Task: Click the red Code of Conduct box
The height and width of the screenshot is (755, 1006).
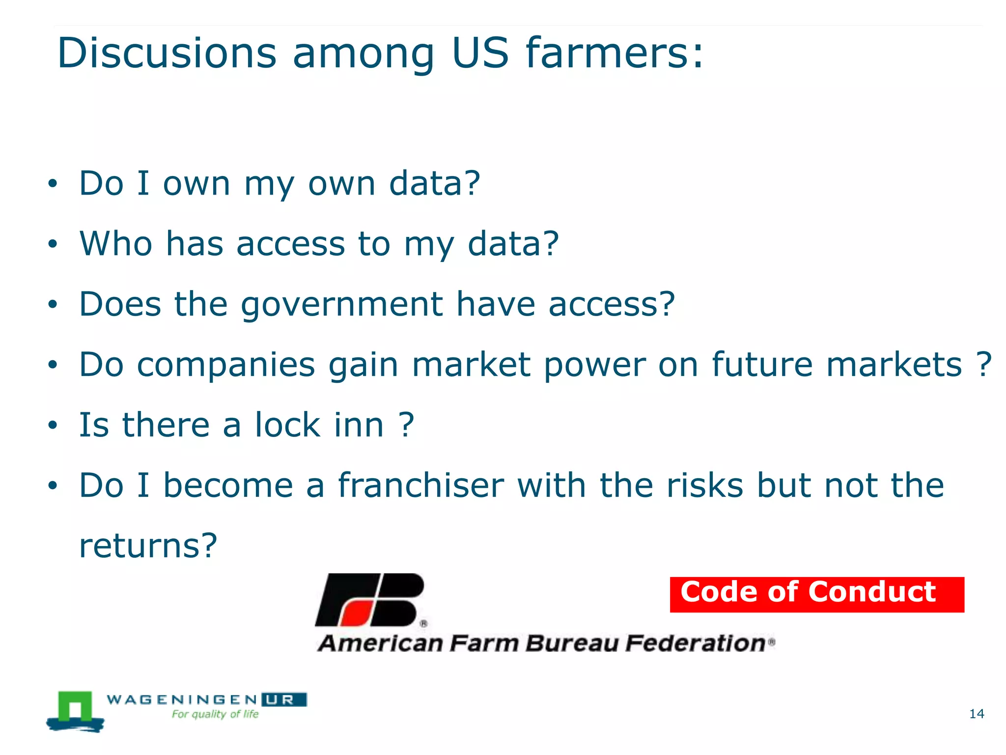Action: point(816,594)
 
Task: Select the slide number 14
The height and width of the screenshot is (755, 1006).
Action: point(977,714)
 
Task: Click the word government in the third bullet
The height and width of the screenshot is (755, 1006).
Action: point(342,305)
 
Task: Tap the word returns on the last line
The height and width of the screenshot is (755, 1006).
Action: point(147,546)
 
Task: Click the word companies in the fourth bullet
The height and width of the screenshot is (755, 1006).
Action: point(225,365)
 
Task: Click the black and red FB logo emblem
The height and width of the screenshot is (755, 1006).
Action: point(369,600)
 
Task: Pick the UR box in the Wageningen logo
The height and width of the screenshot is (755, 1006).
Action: point(283,699)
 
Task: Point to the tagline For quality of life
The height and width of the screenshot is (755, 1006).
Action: point(215,714)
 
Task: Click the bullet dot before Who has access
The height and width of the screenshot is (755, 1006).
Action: point(53,244)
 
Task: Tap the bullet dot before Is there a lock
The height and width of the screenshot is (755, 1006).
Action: point(53,425)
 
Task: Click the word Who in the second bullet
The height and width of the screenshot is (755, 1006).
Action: point(116,244)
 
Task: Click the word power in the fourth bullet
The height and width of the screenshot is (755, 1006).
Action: point(594,365)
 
